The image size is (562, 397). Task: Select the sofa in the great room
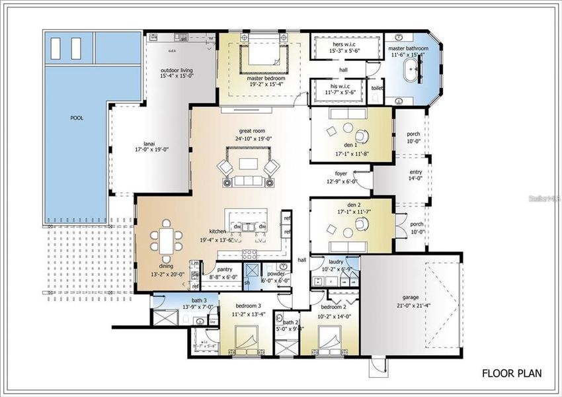pos(247,180)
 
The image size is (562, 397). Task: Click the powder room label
pos(275,273)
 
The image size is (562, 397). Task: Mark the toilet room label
pos(377,87)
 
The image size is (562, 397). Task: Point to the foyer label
pos(340,174)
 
